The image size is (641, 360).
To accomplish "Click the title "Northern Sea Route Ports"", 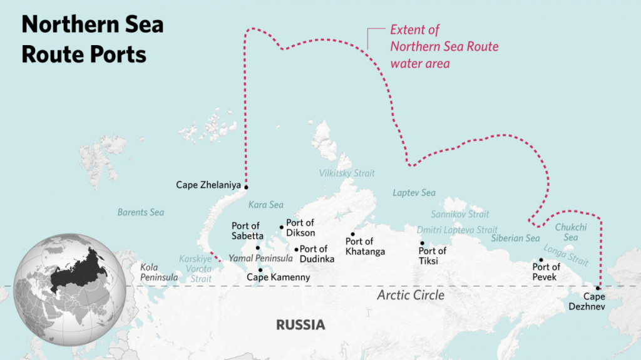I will click(x=92, y=39).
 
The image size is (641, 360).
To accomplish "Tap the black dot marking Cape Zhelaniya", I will click(x=246, y=187).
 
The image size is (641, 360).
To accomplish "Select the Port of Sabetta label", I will click(x=246, y=230).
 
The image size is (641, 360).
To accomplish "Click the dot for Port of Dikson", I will click(x=282, y=227).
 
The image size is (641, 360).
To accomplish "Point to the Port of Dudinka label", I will click(x=317, y=254).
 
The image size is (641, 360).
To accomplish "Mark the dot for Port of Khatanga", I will click(x=352, y=234).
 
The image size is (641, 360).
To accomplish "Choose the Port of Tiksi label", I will click(x=432, y=256).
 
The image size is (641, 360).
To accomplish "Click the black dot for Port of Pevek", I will click(x=541, y=260).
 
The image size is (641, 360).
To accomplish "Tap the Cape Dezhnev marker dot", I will click(x=598, y=289).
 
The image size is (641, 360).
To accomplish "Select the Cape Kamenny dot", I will click(x=260, y=270).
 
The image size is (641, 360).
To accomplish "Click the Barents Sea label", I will click(x=141, y=212).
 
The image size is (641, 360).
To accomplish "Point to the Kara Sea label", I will click(x=266, y=205).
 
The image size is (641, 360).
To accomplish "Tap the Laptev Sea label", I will click(x=414, y=193).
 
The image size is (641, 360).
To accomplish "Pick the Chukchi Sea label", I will click(x=570, y=232).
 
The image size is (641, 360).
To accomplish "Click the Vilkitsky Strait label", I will click(x=347, y=173).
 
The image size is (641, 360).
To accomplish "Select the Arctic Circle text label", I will click(x=411, y=295).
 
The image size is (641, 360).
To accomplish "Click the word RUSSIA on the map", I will click(x=300, y=325).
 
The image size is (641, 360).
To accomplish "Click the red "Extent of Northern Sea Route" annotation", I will click(x=444, y=46).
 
